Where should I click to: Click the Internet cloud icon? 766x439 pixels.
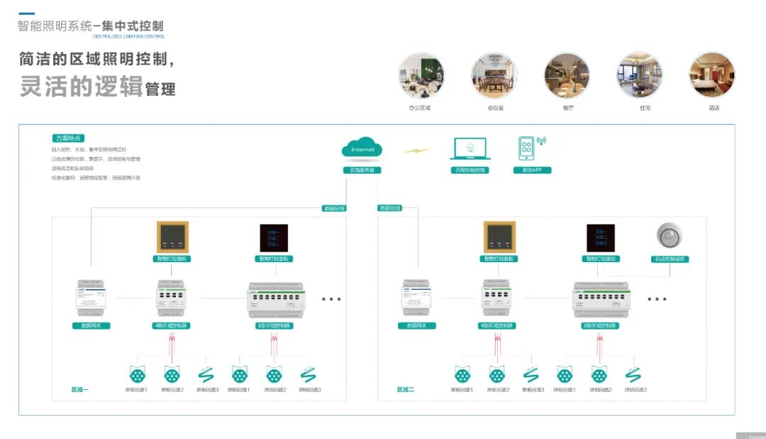click(362, 148)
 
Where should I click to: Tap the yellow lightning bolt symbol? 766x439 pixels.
click(416, 151)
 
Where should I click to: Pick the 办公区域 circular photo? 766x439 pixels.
click(421, 75)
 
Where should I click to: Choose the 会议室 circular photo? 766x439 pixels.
click(494, 75)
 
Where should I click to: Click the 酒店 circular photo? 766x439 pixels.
click(712, 75)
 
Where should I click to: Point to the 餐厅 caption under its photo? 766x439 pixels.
click(567, 108)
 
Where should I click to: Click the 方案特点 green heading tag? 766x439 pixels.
click(70, 138)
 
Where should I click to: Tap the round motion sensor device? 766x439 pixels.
click(670, 237)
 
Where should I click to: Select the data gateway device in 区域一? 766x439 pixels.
click(91, 299)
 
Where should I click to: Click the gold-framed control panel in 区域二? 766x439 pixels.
click(500, 237)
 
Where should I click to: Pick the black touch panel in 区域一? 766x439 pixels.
click(274, 237)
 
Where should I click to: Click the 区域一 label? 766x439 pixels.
click(80, 389)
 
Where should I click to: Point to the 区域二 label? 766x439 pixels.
click(406, 389)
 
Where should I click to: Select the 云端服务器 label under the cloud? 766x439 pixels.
click(362, 170)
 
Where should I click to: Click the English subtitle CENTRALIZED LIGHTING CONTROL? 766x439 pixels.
click(128, 36)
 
